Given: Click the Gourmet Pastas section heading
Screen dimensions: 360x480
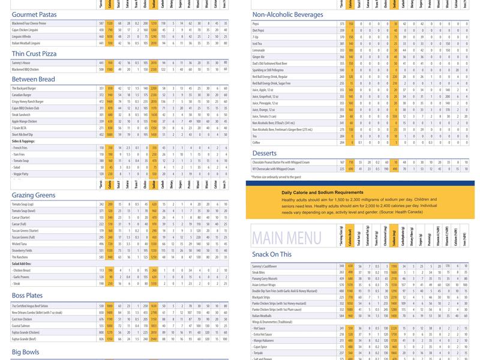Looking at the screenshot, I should click(x=34, y=14).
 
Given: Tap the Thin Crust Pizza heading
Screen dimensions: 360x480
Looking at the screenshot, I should click(x=34, y=54).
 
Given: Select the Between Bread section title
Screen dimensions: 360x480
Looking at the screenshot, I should click(x=33, y=79).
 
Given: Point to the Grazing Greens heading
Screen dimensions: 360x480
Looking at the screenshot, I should click(x=35, y=195).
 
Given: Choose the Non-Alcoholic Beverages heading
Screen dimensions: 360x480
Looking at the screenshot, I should click(x=288, y=14).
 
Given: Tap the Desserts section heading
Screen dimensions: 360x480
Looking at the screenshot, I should click(x=265, y=154).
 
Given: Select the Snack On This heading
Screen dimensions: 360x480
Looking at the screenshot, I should click(x=272, y=254).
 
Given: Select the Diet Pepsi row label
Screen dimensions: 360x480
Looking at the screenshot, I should click(x=259, y=29).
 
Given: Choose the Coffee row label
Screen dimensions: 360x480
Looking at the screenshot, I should click(x=256, y=142).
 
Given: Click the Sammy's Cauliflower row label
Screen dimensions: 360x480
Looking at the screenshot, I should click(x=265, y=266).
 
